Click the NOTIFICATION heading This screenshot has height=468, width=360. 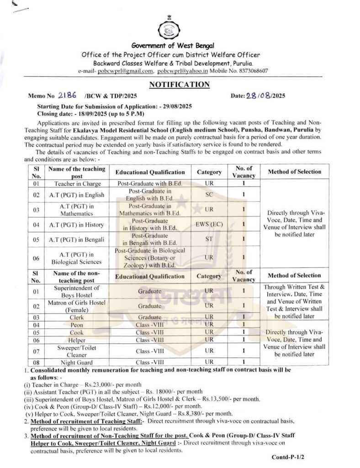[x=173, y=85]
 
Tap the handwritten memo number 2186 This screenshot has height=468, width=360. [x=68, y=95]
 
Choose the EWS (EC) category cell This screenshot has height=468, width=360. [x=209, y=224]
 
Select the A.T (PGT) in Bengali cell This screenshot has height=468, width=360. [x=76, y=239]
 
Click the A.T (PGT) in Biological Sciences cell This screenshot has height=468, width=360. [x=76, y=258]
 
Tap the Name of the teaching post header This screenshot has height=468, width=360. [x=76, y=172]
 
